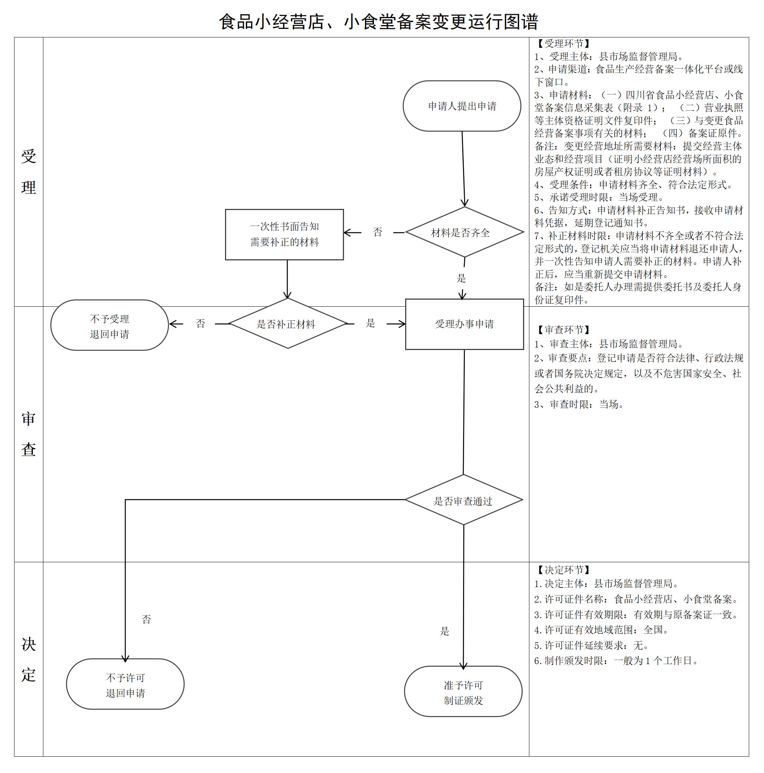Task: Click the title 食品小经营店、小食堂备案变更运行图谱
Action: pos(378,21)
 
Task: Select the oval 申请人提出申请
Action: pos(462,106)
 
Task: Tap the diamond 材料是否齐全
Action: pos(464,232)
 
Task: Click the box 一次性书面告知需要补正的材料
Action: pos(284,234)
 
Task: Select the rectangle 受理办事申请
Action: pos(464,324)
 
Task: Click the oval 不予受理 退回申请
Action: pos(109,326)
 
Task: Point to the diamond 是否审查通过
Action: pos(463,500)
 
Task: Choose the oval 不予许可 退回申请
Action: pos(125,685)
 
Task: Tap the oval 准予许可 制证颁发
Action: pos(463,693)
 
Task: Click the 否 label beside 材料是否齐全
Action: pos(378,232)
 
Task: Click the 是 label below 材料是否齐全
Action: pos(461,279)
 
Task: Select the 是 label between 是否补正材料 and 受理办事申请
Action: pos(370,323)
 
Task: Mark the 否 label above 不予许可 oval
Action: pos(146,619)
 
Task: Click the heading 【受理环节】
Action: pos(563,44)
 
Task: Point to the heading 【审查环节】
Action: pos(563,330)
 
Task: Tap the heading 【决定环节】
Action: pos(563,570)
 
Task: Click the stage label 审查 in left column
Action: pos(29,434)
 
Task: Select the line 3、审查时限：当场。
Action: pos(579,404)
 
